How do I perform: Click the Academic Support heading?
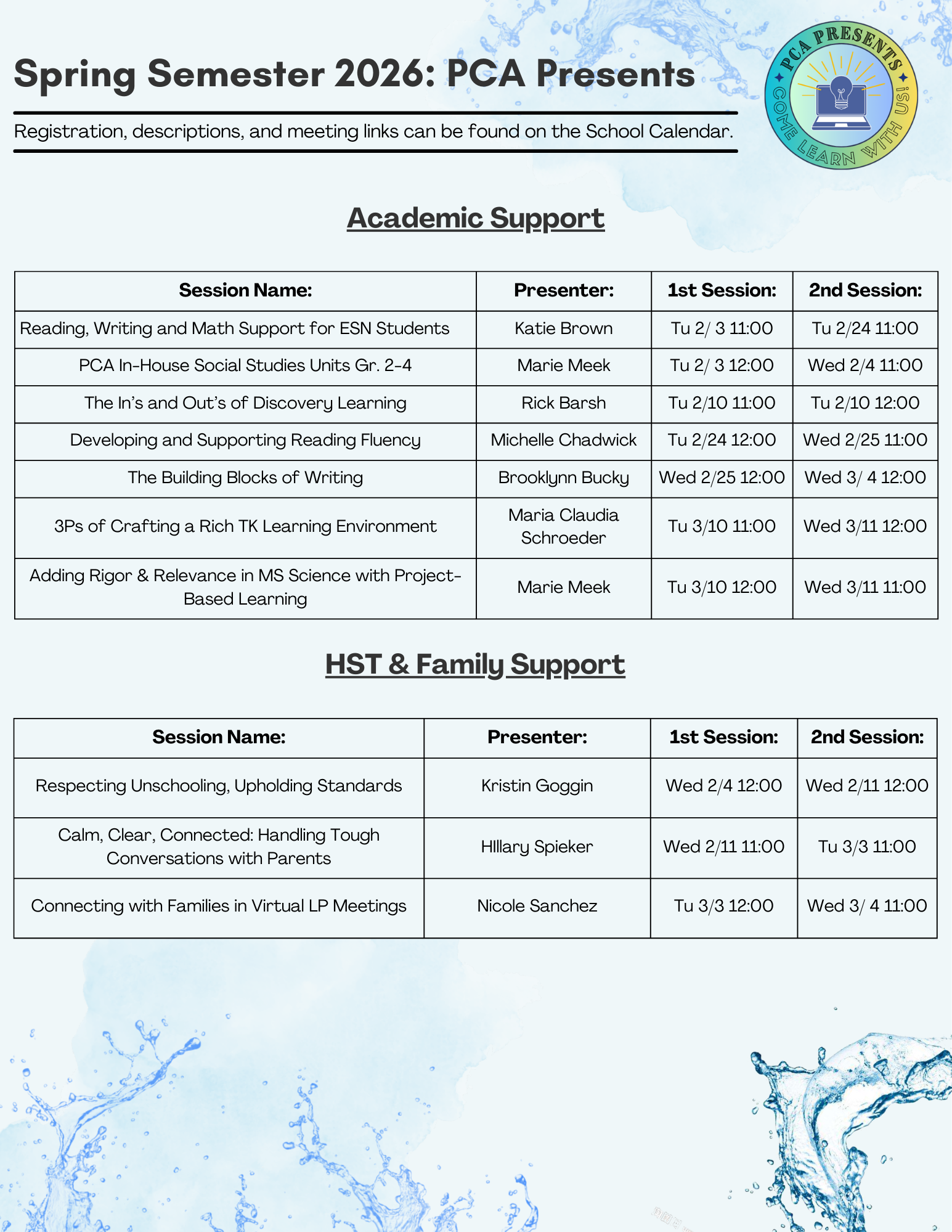tap(476, 218)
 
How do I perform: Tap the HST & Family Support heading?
tap(475, 664)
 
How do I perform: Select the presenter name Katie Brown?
tap(563, 328)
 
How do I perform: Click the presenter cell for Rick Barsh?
tap(563, 403)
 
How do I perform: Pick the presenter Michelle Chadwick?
tap(563, 440)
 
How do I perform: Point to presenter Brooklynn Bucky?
tap(563, 478)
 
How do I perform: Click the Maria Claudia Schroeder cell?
tap(563, 526)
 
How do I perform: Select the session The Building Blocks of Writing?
tap(245, 478)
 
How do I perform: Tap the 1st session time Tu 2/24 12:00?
tap(722, 440)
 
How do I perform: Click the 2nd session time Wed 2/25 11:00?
tap(865, 440)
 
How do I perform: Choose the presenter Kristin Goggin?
tap(537, 786)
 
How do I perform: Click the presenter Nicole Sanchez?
tap(537, 906)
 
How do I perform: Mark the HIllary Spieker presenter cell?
tap(537, 847)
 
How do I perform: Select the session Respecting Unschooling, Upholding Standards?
tap(219, 786)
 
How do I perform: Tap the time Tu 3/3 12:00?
tap(723, 906)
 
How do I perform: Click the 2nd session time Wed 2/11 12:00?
tap(867, 786)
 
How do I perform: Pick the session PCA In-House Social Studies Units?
tap(245, 365)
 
